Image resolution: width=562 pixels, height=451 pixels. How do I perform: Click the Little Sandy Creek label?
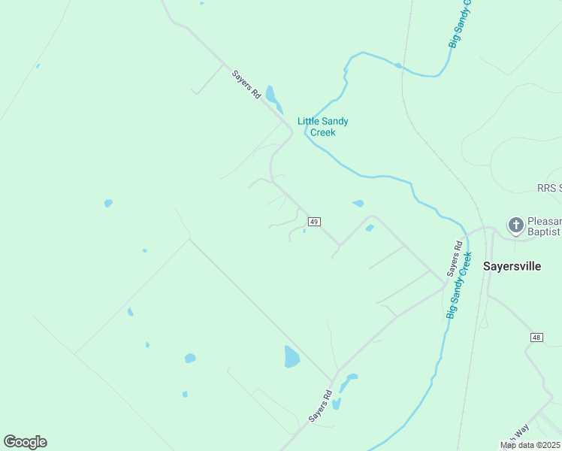point(323,126)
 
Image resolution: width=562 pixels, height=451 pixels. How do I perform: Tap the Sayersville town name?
point(512,266)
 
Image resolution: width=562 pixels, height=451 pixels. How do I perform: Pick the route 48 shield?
point(536,337)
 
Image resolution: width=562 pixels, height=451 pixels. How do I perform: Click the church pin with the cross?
point(515,225)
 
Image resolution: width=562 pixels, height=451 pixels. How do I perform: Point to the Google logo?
point(25,442)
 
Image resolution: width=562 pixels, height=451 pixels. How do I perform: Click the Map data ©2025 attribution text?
point(530,445)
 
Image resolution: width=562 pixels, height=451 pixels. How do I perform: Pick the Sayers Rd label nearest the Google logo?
point(320,406)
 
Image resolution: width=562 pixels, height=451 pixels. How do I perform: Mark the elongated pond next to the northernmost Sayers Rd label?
point(272,98)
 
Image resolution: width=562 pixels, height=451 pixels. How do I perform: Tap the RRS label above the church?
point(549,188)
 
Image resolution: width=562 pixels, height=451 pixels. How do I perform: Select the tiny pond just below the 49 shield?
point(304,232)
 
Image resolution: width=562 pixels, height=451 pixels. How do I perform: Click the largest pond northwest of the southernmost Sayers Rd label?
point(292,356)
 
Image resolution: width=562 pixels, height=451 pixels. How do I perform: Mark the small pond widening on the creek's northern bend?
point(398,65)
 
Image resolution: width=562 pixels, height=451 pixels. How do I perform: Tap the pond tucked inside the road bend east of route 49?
point(370,228)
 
